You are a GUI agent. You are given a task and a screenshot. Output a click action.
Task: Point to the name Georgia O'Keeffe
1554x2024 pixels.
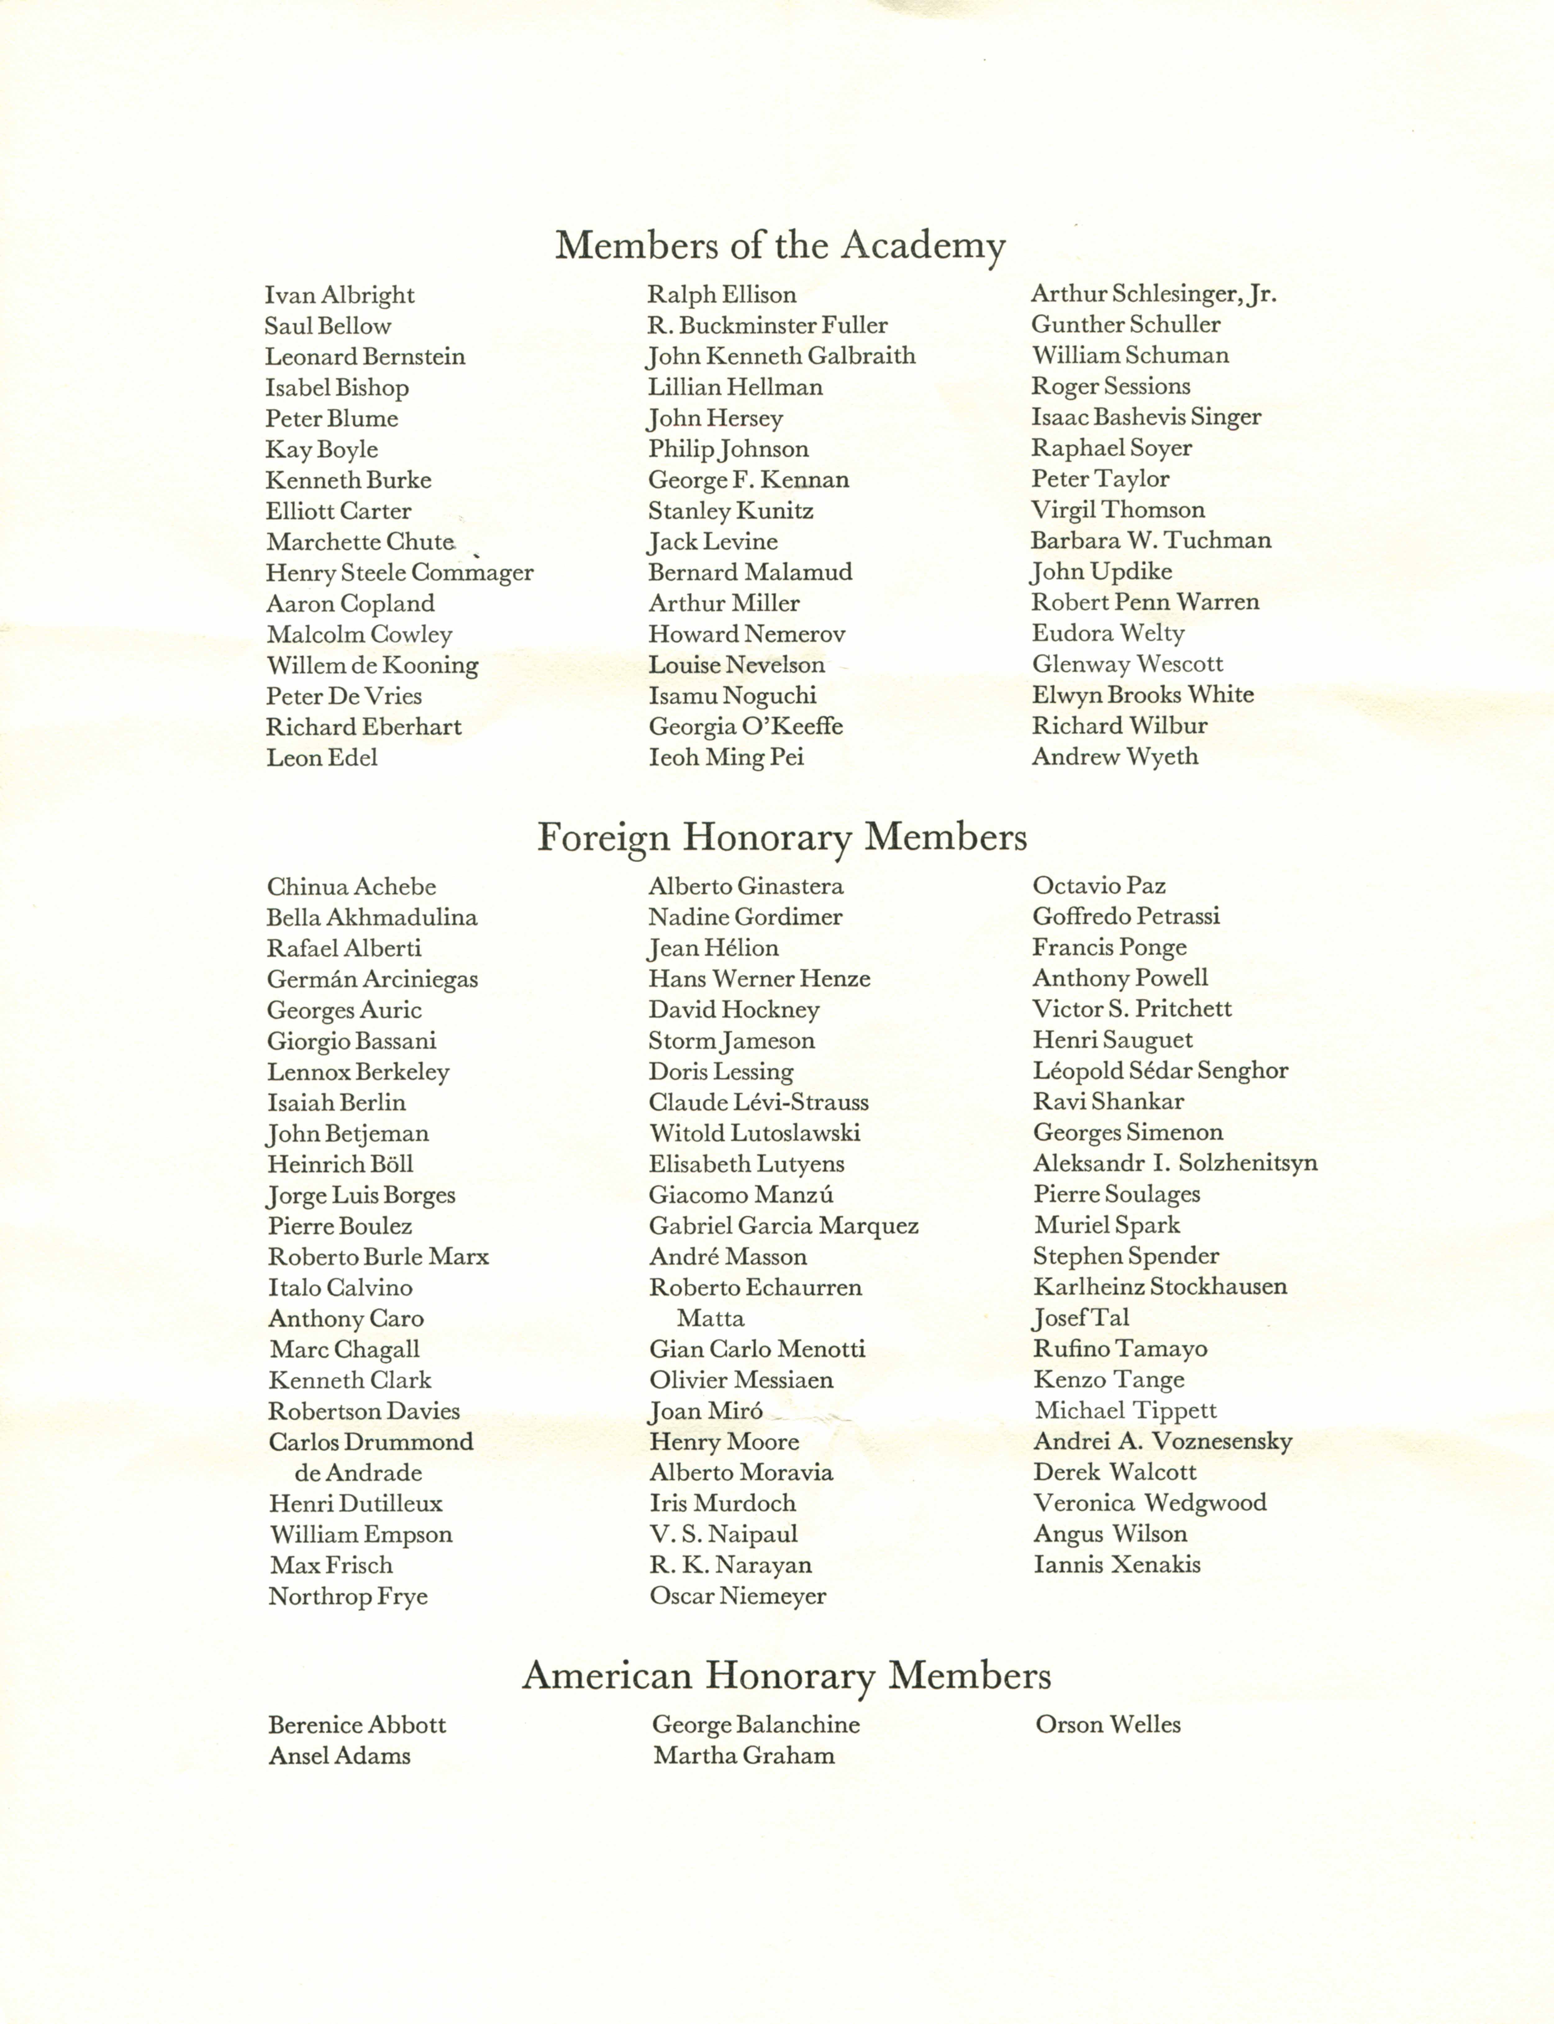746,727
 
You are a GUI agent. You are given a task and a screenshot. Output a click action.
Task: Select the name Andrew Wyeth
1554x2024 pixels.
1115,757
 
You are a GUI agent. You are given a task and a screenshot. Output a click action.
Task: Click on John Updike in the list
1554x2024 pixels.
1102,572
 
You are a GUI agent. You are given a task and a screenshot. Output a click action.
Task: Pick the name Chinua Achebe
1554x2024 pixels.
352,887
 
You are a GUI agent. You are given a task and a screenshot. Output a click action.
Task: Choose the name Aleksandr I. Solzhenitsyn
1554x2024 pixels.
1175,1164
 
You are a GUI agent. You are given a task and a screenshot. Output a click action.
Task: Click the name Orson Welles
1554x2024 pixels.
1108,1724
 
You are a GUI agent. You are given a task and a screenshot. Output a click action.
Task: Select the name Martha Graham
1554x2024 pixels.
744,1756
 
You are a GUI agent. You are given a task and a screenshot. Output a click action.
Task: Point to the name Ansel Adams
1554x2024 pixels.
339,1756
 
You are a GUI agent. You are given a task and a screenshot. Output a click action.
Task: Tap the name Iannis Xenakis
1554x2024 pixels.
1116,1565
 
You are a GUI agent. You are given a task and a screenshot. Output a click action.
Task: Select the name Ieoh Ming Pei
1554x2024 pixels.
726,758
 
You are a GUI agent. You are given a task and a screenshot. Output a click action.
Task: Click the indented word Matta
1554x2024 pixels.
711,1318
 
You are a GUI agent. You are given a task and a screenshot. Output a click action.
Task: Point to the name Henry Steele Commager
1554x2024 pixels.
400,573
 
